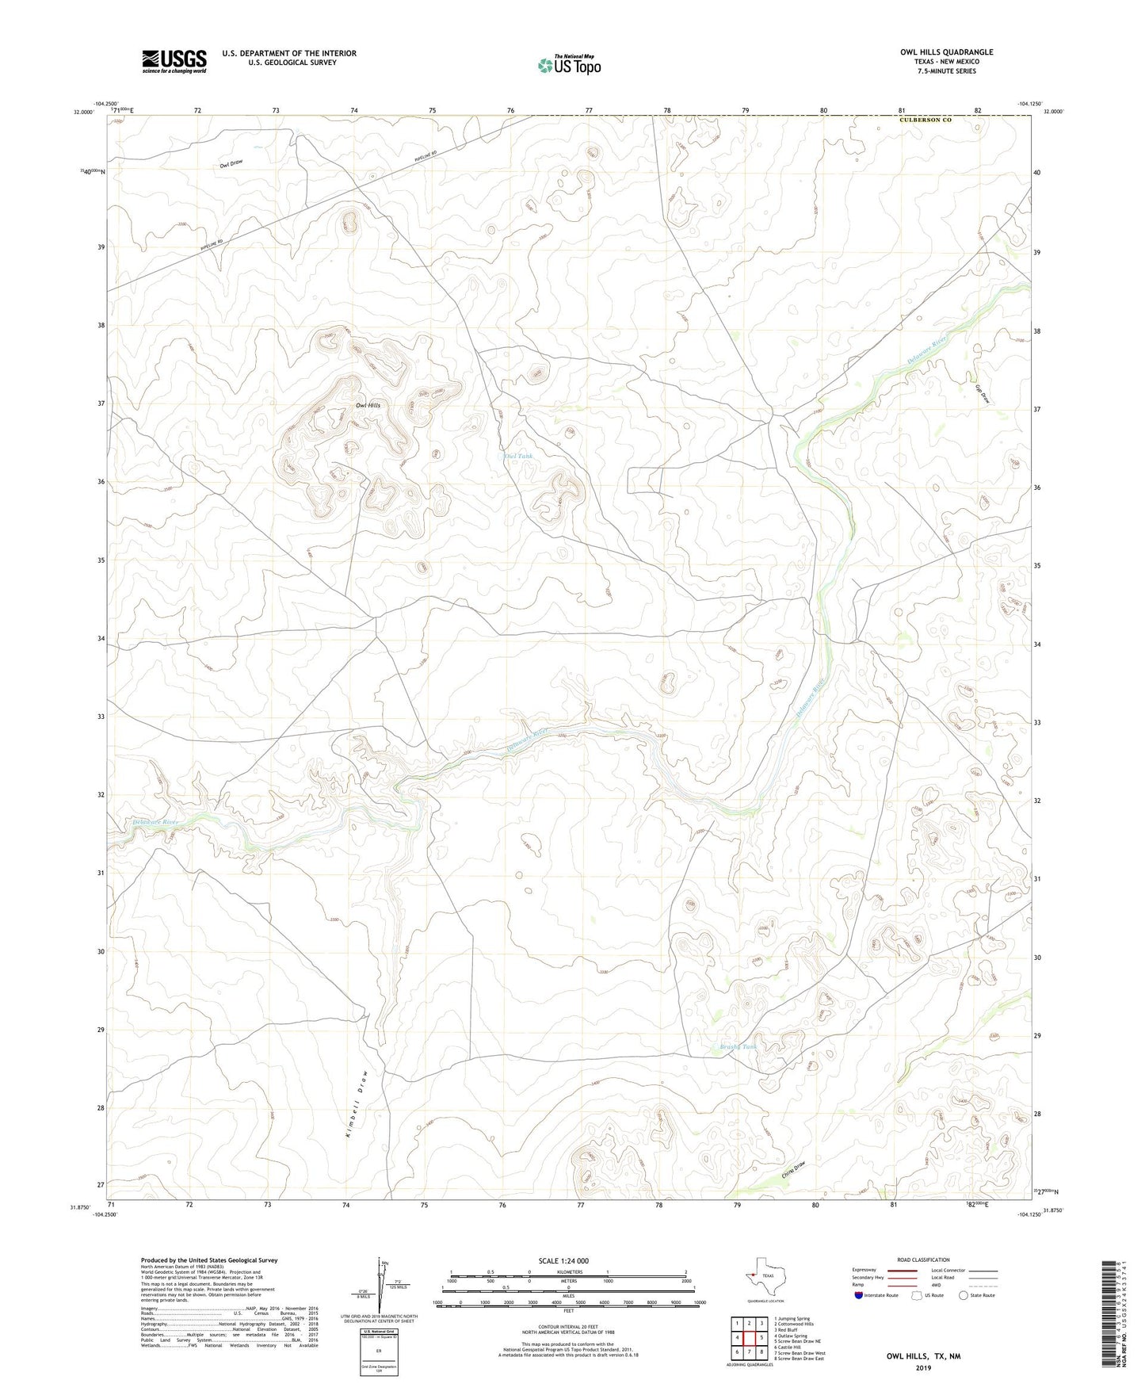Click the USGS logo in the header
click(174, 61)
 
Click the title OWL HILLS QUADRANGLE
click(946, 52)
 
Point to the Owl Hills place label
click(368, 405)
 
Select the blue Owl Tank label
click(518, 457)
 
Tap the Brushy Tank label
click(738, 1046)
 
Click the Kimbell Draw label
click(356, 1105)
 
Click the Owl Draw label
click(231, 164)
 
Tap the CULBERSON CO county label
click(926, 120)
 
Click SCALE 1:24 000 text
click(563, 1260)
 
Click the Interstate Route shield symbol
click(859, 1295)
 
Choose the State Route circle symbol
click(964, 1295)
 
